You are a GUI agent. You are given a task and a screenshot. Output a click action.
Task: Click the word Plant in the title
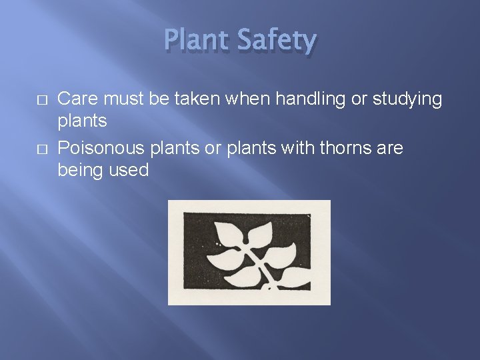coord(196,41)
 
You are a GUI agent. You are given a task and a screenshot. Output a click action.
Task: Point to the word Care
coord(77,99)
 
